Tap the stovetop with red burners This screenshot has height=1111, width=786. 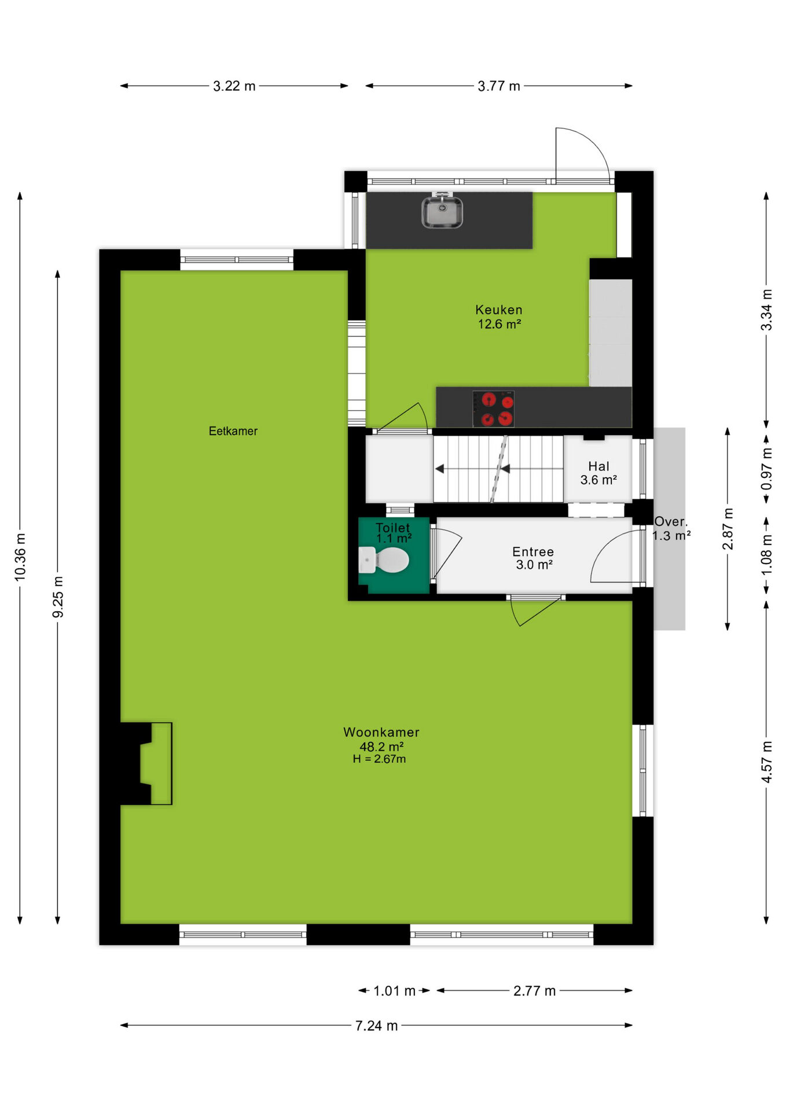pyautogui.click(x=493, y=409)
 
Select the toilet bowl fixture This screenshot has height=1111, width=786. pyautogui.click(x=384, y=560)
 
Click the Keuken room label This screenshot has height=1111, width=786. pyautogui.click(x=499, y=310)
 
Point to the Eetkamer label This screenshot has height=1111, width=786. pyautogui.click(x=233, y=431)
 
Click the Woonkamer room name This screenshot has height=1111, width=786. pyautogui.click(x=381, y=732)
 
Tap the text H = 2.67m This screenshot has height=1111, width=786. pyautogui.click(x=379, y=759)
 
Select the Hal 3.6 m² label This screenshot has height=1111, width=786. pyautogui.click(x=598, y=473)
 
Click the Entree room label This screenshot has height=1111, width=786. pyautogui.click(x=533, y=552)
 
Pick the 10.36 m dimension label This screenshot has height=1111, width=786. pyautogui.click(x=20, y=557)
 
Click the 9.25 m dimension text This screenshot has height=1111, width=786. pyautogui.click(x=58, y=597)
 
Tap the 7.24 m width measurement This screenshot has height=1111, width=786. pyautogui.click(x=376, y=1026)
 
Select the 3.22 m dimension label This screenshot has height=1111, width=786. pyautogui.click(x=234, y=86)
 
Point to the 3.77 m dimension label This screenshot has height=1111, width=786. pyautogui.click(x=499, y=86)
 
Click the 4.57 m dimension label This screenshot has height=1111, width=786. pyautogui.click(x=767, y=762)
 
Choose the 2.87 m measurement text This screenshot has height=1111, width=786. pyautogui.click(x=728, y=529)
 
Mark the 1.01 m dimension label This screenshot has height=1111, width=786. pyautogui.click(x=394, y=991)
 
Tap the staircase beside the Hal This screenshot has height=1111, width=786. pyautogui.click(x=498, y=469)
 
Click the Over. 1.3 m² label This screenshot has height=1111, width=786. pyautogui.click(x=671, y=529)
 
